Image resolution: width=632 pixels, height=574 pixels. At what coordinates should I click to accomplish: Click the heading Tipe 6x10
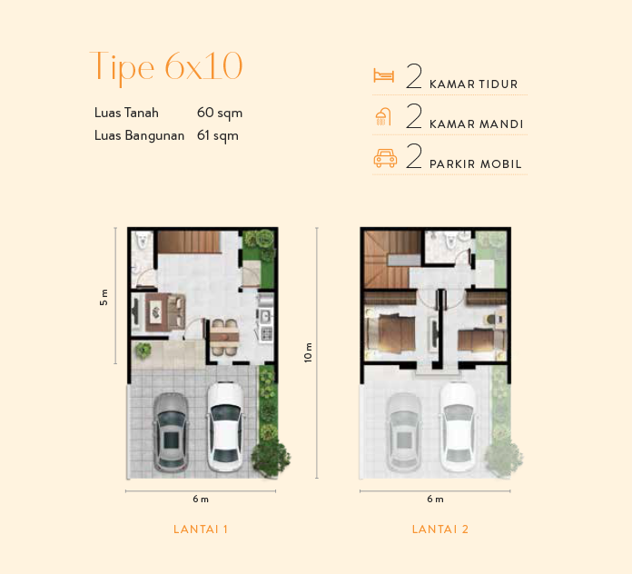[x=166, y=67]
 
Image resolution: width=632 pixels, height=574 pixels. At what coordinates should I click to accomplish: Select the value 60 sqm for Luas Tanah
[x=219, y=114]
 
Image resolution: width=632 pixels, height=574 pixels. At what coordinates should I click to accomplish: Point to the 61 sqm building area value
[x=217, y=136]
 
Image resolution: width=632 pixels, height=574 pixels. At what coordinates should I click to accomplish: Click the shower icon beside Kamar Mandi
[x=384, y=117]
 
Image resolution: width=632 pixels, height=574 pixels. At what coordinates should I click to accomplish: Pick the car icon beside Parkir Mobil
[x=385, y=158]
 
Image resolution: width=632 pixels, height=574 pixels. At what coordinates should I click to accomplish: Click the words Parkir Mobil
[x=476, y=164]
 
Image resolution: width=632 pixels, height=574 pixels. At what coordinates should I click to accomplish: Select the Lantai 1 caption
[x=200, y=529]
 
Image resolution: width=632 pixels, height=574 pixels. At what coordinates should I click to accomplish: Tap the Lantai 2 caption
[x=439, y=529]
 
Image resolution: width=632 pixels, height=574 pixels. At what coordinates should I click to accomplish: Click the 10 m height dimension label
[x=308, y=353]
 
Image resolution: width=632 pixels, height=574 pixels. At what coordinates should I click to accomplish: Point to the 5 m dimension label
[x=104, y=296]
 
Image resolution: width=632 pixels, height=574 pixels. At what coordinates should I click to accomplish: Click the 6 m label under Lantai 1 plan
[x=200, y=500]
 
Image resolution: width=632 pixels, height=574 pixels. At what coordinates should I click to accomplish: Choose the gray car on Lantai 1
[x=170, y=431]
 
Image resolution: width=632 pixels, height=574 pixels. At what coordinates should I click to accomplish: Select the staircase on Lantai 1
[x=188, y=241]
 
